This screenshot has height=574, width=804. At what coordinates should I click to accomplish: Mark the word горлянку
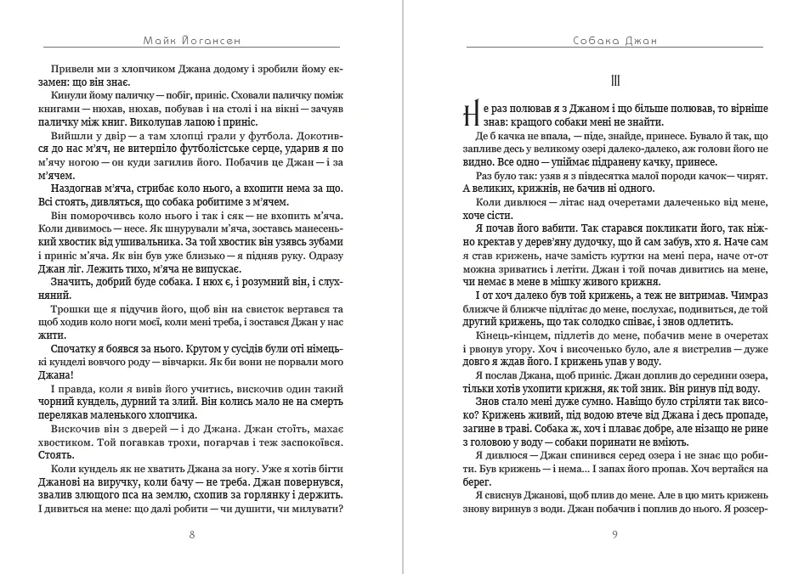[x=258, y=496]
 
